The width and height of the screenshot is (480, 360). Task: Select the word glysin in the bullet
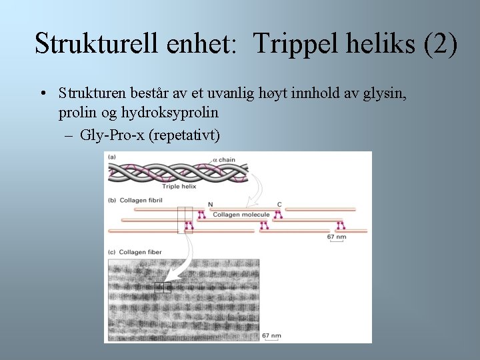tap(383, 93)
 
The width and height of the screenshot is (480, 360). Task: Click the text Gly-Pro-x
tap(113, 135)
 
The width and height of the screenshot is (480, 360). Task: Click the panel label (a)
tap(112, 157)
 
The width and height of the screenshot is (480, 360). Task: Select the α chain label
tap(225, 161)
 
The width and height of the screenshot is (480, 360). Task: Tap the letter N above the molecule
tap(211, 205)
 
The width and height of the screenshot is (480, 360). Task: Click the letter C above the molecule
tap(279, 205)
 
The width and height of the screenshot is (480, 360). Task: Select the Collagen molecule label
tap(241, 215)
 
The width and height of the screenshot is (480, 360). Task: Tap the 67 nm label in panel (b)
tap(336, 237)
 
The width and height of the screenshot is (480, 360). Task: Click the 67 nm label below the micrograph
tap(271, 335)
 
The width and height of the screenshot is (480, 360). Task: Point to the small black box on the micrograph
tap(163, 287)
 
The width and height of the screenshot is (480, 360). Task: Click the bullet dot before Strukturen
tap(42, 93)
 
